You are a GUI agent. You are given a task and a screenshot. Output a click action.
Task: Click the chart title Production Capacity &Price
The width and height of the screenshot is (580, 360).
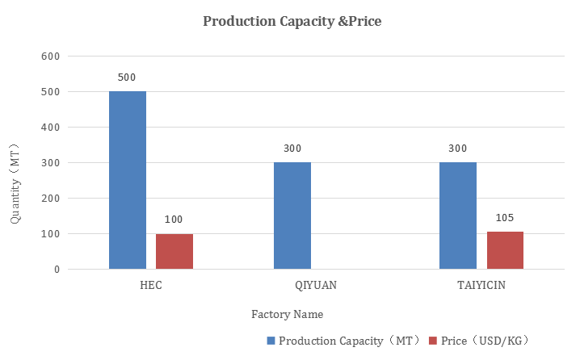click(x=292, y=22)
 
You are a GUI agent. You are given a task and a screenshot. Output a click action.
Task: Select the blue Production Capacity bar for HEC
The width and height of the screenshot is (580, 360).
click(x=128, y=180)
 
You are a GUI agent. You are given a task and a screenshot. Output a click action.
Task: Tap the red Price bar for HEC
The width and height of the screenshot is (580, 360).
click(x=174, y=251)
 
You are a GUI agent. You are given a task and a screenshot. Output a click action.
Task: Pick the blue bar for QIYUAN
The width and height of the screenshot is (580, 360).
click(x=292, y=216)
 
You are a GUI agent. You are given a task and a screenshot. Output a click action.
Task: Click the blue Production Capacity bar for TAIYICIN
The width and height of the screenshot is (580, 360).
click(x=458, y=216)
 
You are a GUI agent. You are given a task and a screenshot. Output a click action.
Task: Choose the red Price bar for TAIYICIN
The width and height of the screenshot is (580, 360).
click(x=505, y=250)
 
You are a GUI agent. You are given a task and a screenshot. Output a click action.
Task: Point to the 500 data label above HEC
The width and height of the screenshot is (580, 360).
click(x=127, y=78)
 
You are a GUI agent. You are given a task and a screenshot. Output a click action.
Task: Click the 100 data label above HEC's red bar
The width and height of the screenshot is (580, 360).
click(x=174, y=220)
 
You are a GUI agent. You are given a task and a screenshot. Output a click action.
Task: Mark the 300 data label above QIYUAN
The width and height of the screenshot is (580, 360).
click(x=292, y=149)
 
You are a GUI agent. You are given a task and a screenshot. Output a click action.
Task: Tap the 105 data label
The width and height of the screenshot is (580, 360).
click(x=505, y=218)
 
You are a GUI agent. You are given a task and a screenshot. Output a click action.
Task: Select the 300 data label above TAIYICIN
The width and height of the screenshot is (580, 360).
click(x=458, y=149)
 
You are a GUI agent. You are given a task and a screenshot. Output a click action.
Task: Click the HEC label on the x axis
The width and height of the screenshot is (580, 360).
click(x=150, y=285)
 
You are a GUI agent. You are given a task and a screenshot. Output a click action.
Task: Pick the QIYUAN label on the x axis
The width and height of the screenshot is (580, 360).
click(x=316, y=285)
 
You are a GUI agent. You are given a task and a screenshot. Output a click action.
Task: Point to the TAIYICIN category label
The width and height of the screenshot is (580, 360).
click(x=481, y=285)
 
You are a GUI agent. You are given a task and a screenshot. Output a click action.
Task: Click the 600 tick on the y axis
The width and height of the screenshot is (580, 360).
click(x=51, y=57)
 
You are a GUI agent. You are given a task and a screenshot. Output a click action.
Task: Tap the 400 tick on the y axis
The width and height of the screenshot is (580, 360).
click(x=51, y=128)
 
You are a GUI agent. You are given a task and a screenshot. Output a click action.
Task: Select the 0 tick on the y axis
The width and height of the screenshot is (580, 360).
click(x=57, y=270)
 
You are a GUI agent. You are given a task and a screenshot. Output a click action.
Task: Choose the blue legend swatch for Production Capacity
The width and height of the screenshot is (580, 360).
click(x=271, y=341)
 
